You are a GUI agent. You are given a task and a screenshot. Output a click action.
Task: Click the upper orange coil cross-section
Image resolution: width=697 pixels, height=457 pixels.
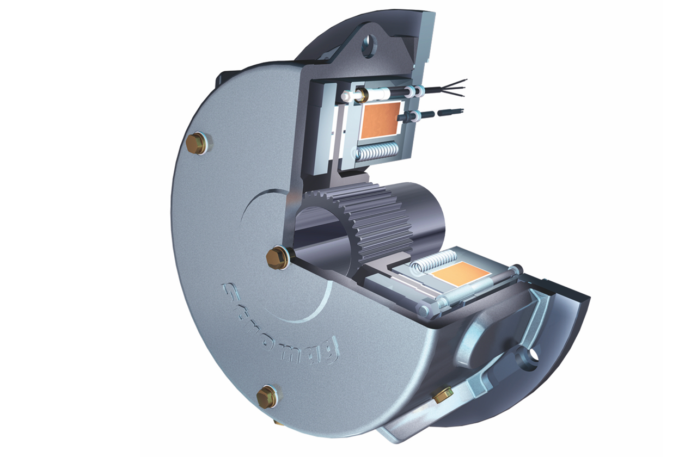click(x=380, y=120)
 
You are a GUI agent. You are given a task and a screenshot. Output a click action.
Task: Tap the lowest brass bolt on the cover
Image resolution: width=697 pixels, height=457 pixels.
click(x=267, y=397)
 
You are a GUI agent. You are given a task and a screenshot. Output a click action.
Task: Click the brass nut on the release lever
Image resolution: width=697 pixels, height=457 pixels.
click(x=443, y=395)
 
